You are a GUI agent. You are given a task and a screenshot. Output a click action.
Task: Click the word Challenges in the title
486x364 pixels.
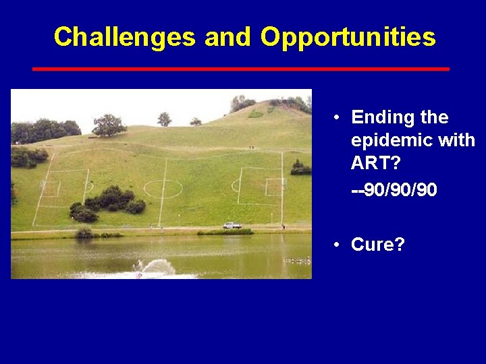[125, 37]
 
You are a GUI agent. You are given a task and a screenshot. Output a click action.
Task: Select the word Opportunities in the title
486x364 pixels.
[348, 37]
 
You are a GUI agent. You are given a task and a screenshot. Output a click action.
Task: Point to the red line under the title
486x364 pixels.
[241, 69]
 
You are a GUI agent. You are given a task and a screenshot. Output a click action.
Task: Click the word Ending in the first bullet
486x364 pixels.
[383, 118]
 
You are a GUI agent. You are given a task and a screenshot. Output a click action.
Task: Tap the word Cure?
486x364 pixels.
[378, 245]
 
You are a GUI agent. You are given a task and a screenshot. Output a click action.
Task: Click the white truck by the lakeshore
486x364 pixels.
[232, 225]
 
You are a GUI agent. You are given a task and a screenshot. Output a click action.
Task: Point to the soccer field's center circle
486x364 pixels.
[163, 188]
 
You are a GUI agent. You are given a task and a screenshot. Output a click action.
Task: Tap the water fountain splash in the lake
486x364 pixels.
[155, 268]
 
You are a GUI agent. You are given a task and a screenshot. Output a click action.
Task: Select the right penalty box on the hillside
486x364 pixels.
[260, 185]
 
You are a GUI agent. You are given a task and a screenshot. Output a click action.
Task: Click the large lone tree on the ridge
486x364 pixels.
[108, 125]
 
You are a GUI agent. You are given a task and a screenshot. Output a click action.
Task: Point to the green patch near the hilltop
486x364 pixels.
[256, 114]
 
